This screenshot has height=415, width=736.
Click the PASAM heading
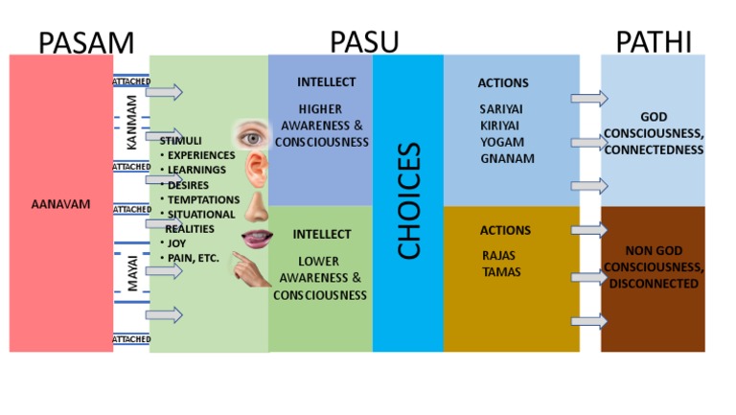[85, 42]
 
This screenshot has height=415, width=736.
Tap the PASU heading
[364, 42]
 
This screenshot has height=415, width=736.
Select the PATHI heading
[654, 42]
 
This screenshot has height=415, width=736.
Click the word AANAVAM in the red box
[59, 204]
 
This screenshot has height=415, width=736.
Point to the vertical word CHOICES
[408, 201]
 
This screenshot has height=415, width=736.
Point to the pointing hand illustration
[253, 272]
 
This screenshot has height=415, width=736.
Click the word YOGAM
[502, 142]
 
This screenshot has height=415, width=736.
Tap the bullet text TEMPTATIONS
[203, 199]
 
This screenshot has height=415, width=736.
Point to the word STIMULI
[180, 141]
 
